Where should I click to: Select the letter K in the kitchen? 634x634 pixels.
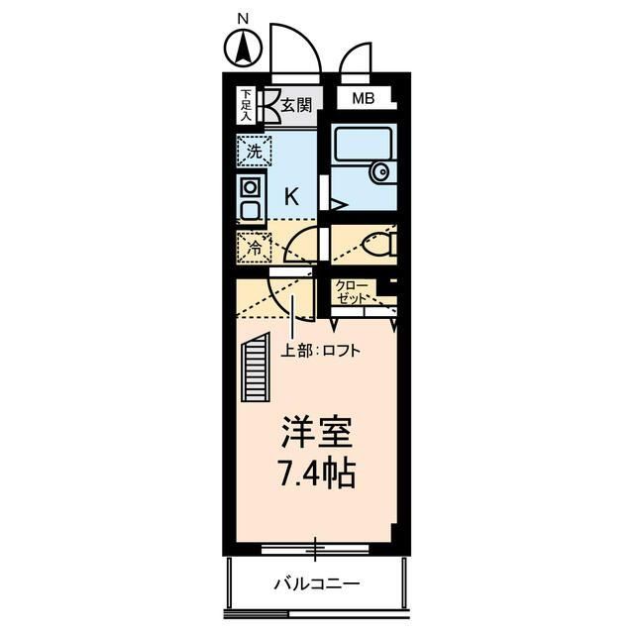click(292, 196)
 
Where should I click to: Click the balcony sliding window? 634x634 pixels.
click(316, 547)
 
